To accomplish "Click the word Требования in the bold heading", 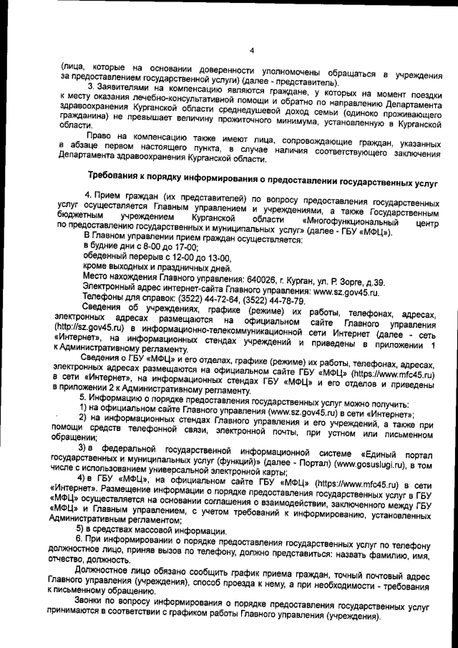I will [117, 176].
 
